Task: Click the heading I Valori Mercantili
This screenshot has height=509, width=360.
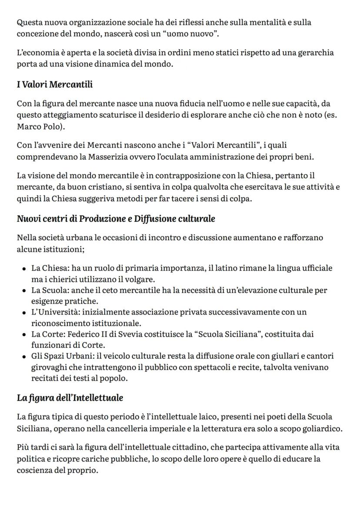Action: [55, 84]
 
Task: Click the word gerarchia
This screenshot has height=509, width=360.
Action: [316, 53]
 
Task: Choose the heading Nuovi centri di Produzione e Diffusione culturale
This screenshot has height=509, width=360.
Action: [116, 218]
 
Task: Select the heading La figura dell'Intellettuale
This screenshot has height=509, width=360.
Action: [70, 398]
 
